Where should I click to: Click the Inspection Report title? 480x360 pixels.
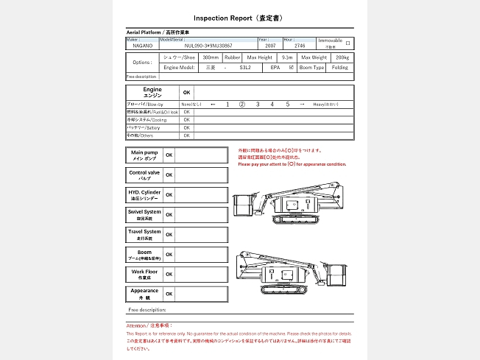pyautogui.click(x=239, y=17)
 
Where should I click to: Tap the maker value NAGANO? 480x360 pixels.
pyautogui.click(x=143, y=46)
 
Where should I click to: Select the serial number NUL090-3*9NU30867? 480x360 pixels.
pyautogui.click(x=208, y=46)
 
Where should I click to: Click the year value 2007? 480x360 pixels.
pyautogui.click(x=269, y=46)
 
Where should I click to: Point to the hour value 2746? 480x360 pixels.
pyautogui.click(x=300, y=46)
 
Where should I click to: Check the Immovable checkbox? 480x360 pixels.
pyautogui.click(x=347, y=43)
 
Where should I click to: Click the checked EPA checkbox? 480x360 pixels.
pyautogui.click(x=292, y=67)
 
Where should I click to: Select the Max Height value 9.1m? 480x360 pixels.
pyautogui.click(x=287, y=57)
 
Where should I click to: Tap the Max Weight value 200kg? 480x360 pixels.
pyautogui.click(x=342, y=57)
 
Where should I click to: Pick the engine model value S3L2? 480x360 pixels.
pyautogui.click(x=245, y=67)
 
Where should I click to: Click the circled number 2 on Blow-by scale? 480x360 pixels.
pyautogui.click(x=241, y=105)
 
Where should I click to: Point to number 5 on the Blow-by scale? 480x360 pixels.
pyautogui.click(x=288, y=105)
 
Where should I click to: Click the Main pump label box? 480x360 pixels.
pyautogui.click(x=144, y=155)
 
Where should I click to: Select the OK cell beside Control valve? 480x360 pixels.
pyautogui.click(x=169, y=175)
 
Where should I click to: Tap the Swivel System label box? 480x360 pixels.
pyautogui.click(x=144, y=214)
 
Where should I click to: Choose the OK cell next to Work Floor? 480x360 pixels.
pyautogui.click(x=169, y=274)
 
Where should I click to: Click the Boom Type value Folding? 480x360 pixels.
pyautogui.click(x=339, y=67)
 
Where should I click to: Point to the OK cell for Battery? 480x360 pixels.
pyautogui.click(x=187, y=127)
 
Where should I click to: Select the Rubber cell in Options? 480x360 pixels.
pyautogui.click(x=233, y=57)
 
